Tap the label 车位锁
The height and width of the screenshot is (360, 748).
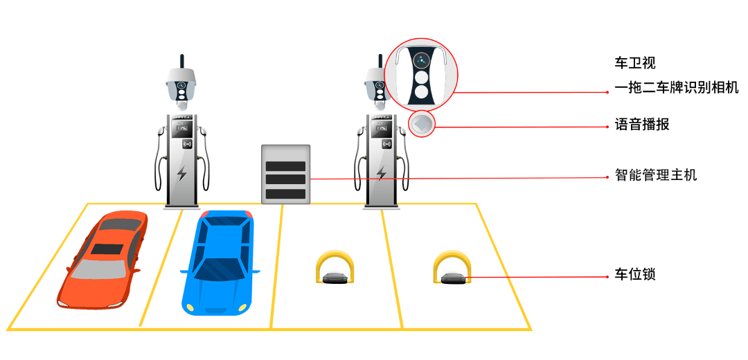[634, 275]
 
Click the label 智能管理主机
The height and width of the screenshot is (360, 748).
[655, 175]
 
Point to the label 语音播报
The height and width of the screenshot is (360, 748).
[641, 125]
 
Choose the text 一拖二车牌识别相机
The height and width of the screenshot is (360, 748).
[677, 88]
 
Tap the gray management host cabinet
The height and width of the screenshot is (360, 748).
[286, 174]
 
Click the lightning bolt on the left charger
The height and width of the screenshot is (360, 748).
[181, 173]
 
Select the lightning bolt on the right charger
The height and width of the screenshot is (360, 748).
[381, 173]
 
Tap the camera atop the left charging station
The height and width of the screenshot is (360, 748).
[181, 87]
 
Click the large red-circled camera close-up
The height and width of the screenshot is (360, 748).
[421, 75]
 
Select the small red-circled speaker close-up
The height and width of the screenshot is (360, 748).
[422, 125]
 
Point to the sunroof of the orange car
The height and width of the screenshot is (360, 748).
[107, 249]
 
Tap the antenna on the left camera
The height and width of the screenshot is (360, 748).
[181, 62]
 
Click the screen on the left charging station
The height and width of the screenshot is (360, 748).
[181, 128]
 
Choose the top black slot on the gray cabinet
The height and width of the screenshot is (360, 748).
[286, 165]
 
